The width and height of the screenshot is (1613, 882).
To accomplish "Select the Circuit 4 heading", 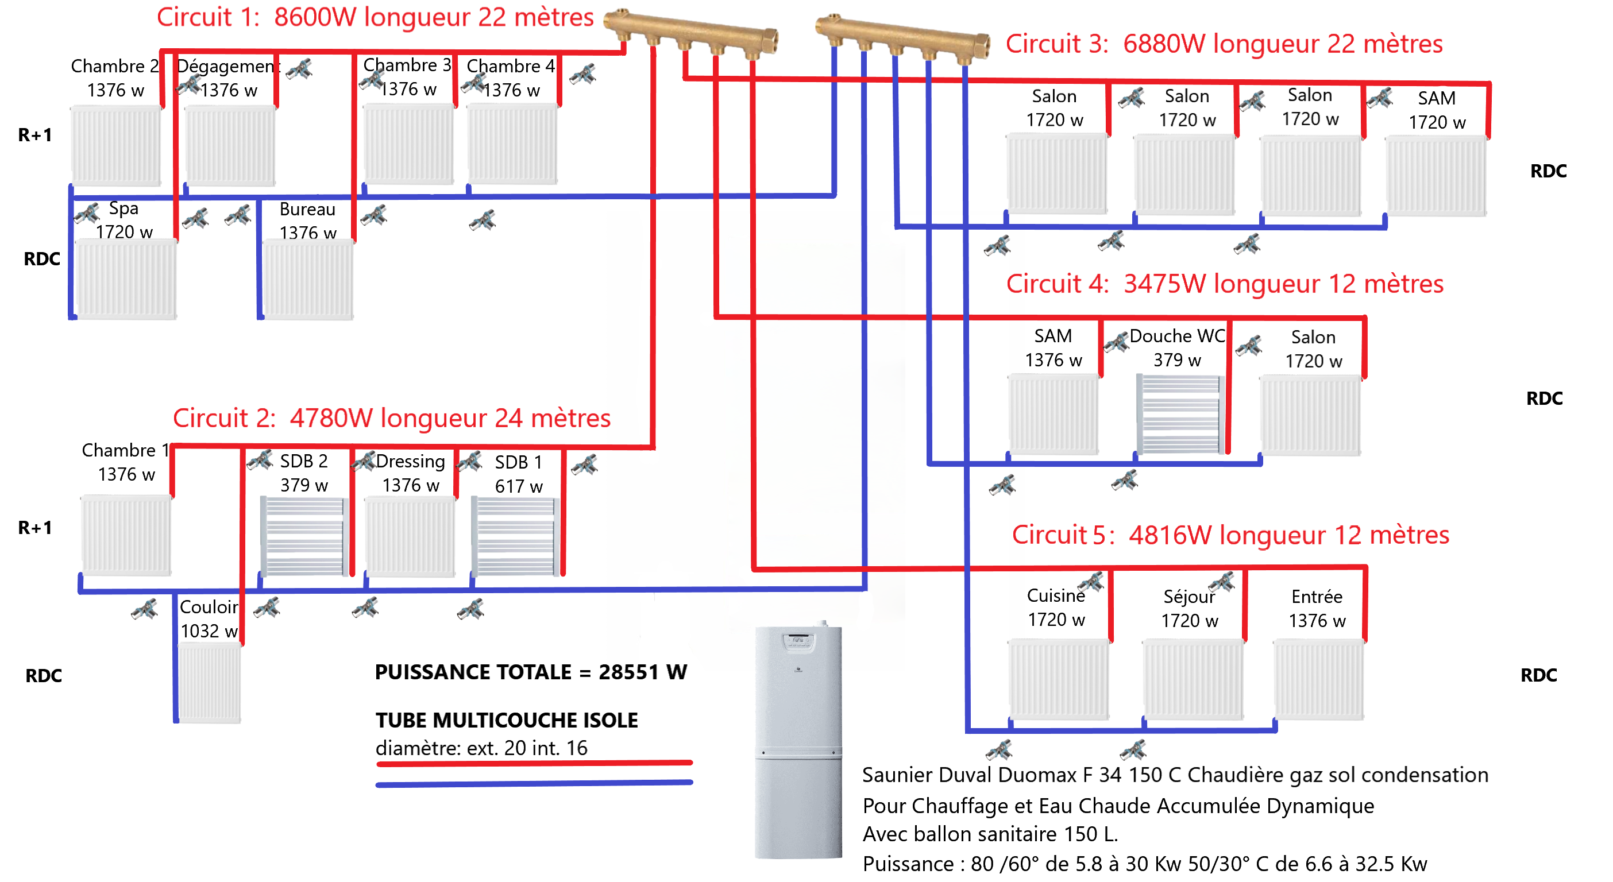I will pyautogui.click(x=1224, y=284).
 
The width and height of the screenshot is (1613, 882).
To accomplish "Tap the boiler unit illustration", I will pyautogui.click(x=798, y=742).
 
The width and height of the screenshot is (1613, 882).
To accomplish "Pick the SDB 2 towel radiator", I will pyautogui.click(x=304, y=536).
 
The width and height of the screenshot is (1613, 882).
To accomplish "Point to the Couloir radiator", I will pyautogui.click(x=209, y=683).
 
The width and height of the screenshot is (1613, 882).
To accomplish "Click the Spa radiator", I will pyautogui.click(x=126, y=279).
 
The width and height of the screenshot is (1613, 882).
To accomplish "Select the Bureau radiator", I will pyautogui.click(x=307, y=280).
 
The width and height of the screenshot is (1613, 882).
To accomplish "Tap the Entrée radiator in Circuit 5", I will pyautogui.click(x=1318, y=679).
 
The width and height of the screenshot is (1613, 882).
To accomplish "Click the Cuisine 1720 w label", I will pyautogui.click(x=1056, y=607).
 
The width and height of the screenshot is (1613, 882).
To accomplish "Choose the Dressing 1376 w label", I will pyautogui.click(x=411, y=473).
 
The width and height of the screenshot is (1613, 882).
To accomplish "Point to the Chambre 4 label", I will pyautogui.click(x=510, y=78).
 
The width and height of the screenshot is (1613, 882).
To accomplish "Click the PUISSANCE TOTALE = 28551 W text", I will pyautogui.click(x=530, y=672).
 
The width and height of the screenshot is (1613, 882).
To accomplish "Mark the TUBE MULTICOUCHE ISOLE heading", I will pyautogui.click(x=507, y=720).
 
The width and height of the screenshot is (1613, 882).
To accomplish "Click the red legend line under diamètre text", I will pyautogui.click(x=534, y=763).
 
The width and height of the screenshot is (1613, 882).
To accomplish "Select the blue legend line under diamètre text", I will pyautogui.click(x=534, y=783).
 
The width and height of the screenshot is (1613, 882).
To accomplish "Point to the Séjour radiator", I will pyautogui.click(x=1192, y=679).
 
